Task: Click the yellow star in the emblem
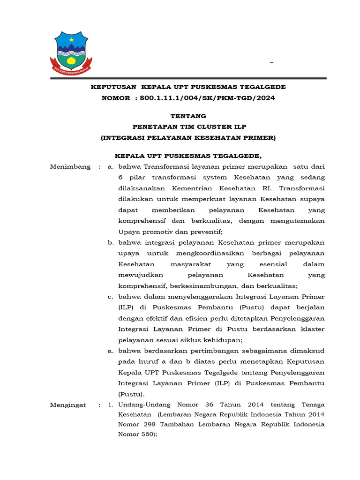coord(71,40)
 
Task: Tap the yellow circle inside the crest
coord(71,60)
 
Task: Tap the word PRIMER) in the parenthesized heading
coord(259,138)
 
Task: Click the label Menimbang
coord(70,167)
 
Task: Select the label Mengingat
coord(68,405)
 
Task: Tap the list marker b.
coord(111,243)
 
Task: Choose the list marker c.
coord(111,297)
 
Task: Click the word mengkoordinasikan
coord(188,254)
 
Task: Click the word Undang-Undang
coord(143,405)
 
